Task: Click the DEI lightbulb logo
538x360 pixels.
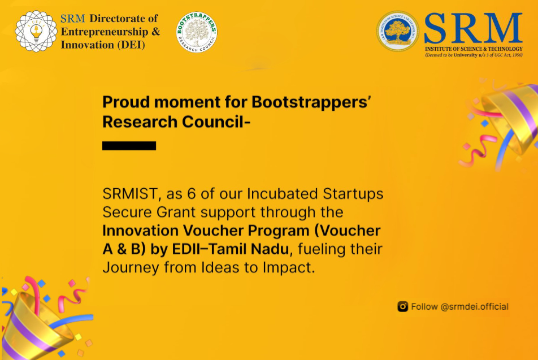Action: (x=36, y=32)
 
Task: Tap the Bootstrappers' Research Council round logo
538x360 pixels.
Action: (x=197, y=33)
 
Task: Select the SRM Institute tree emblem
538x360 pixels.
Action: (x=398, y=32)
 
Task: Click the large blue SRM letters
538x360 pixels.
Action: (x=473, y=28)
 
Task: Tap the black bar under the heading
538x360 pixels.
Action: (x=129, y=146)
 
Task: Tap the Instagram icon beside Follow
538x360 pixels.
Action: (x=402, y=307)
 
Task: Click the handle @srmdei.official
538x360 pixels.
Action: (x=474, y=307)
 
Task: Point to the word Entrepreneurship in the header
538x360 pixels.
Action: (x=103, y=32)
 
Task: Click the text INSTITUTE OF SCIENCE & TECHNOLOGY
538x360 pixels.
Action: (x=474, y=49)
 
